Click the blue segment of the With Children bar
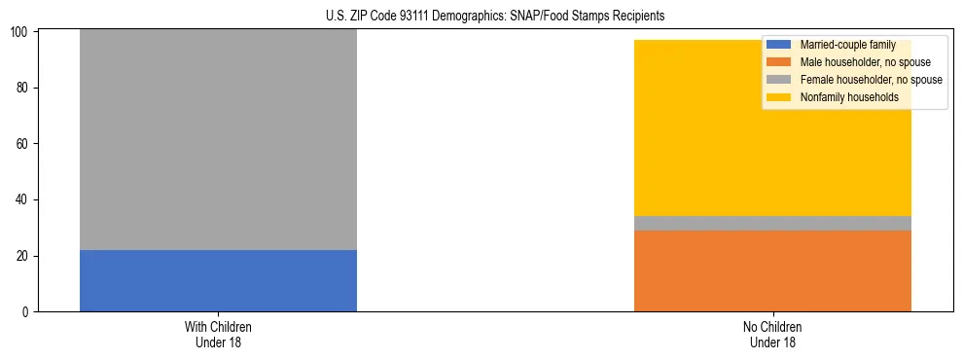tap(218, 280)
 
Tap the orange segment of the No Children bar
tap(772, 270)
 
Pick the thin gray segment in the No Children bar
tap(772, 223)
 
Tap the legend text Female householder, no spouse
tap(870, 80)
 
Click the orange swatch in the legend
tap(779, 62)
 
